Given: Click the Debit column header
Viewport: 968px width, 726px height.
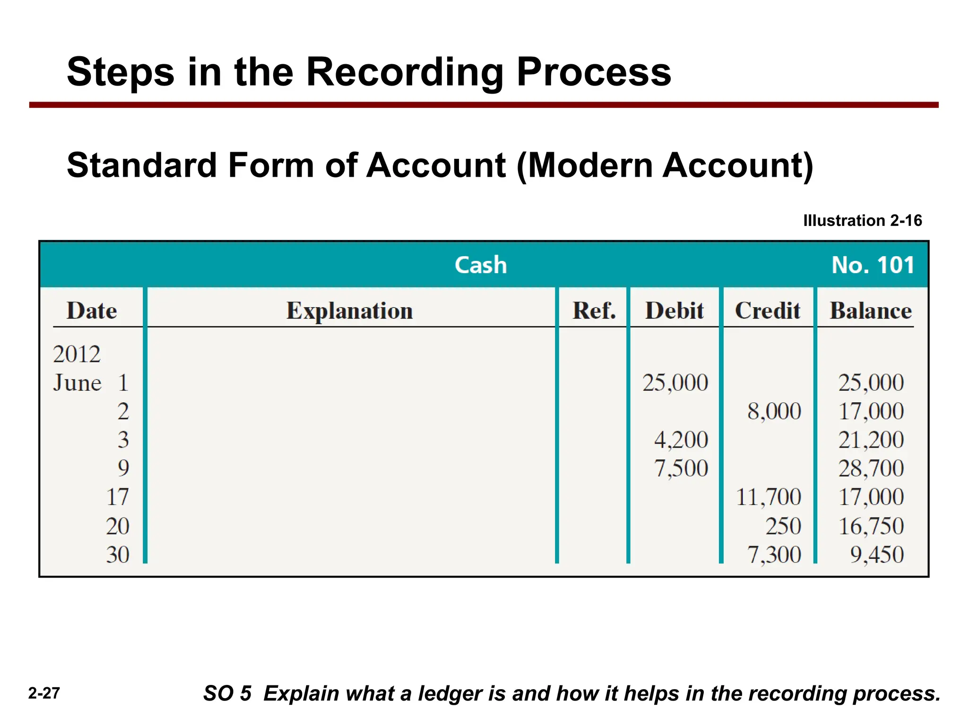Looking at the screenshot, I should tap(674, 311).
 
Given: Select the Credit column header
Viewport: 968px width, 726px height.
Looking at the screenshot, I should tap(768, 311).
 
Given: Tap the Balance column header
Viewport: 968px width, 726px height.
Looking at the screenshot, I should tap(871, 311).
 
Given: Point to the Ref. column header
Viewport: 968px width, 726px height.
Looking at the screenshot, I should tap(594, 311).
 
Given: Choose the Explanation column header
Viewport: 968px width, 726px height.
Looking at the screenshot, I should tap(350, 311).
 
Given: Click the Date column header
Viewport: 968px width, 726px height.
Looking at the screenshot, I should tap(92, 311).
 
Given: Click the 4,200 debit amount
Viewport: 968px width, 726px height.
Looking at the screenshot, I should tap(681, 440).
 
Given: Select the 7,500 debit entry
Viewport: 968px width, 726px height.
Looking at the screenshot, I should tap(681, 468).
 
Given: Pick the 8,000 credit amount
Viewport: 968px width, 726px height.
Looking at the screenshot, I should tap(774, 411).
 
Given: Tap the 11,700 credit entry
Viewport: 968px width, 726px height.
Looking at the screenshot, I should tap(769, 497).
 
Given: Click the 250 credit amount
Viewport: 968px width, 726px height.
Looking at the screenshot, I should tap(783, 526).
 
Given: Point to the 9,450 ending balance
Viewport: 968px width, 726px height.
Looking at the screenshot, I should tap(877, 554).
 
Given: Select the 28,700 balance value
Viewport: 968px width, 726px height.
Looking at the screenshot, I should tap(871, 468).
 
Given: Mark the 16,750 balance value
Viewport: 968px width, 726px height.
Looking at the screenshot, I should tap(871, 526).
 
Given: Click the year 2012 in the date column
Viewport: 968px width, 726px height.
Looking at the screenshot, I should tap(77, 354).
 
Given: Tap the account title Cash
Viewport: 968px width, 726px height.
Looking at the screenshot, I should tap(481, 265).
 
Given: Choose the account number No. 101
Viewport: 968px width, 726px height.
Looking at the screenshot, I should tap(873, 265).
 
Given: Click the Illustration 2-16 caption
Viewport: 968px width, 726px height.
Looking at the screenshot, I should tap(862, 220).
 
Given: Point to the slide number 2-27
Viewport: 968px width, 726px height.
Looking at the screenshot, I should tap(44, 693).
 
